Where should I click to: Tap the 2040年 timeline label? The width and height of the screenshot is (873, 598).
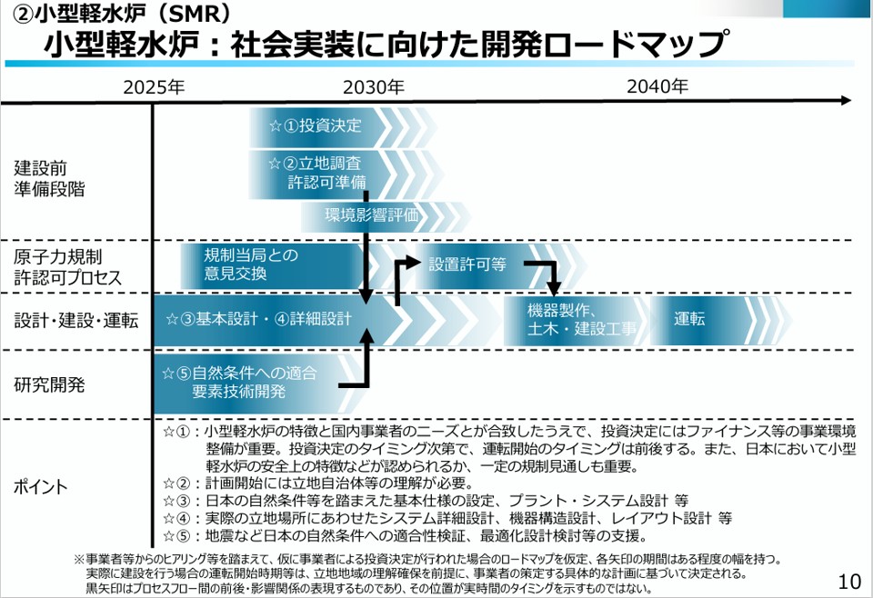[x=657, y=86]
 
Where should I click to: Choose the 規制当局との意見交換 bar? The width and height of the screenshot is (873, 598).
[x=250, y=264]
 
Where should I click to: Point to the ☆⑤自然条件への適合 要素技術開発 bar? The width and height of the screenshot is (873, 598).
[x=241, y=383]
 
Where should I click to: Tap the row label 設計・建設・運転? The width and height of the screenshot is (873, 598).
[x=76, y=320]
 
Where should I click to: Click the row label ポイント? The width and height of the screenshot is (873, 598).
[x=41, y=486]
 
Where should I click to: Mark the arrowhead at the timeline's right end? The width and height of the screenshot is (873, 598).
[x=847, y=100]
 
